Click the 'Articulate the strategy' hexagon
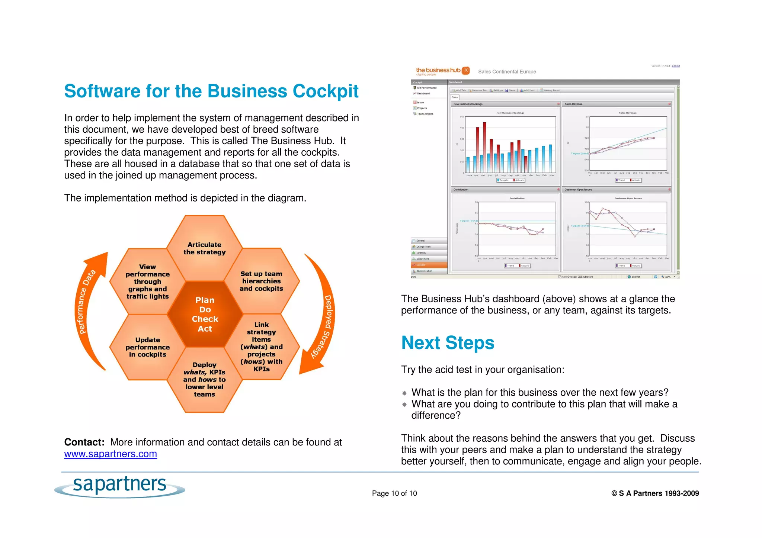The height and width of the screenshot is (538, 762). point(204,248)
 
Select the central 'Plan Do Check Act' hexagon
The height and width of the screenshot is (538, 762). point(205,314)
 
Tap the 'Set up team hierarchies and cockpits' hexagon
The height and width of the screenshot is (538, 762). point(261,281)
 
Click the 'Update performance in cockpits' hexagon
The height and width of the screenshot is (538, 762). point(147,347)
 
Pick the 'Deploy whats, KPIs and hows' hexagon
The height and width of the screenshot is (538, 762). point(204,379)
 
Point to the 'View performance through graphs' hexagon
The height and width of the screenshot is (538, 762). point(147,281)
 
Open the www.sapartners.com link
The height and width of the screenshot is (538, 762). point(111,454)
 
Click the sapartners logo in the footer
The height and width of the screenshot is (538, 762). point(119,486)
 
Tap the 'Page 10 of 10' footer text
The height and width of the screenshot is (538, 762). point(394,493)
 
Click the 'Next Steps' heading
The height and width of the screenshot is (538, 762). point(448,342)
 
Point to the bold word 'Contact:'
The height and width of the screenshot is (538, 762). point(84,442)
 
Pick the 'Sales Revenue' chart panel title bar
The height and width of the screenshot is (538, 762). point(616,104)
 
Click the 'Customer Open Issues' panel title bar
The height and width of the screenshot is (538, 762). point(616,190)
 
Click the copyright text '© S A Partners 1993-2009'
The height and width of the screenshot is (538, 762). point(655,493)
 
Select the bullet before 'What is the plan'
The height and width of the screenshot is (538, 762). point(404,393)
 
